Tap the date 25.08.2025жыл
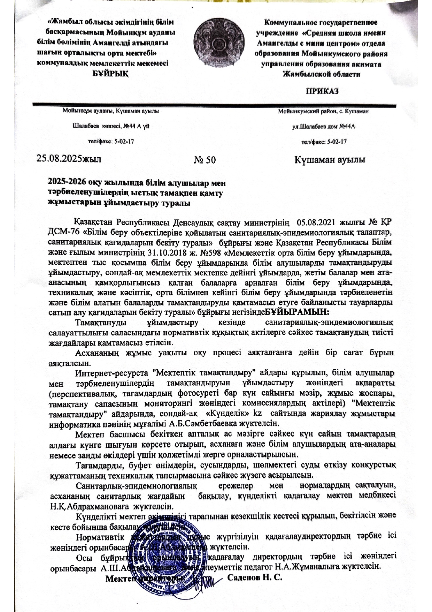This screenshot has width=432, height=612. (x=69, y=159)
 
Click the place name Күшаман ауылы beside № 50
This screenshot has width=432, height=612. (x=330, y=160)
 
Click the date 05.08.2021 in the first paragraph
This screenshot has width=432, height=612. (x=316, y=222)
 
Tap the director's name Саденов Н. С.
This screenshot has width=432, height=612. (x=254, y=577)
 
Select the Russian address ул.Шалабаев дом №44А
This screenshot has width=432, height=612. (x=323, y=127)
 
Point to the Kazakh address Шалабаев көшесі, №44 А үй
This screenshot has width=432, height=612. (x=111, y=126)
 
